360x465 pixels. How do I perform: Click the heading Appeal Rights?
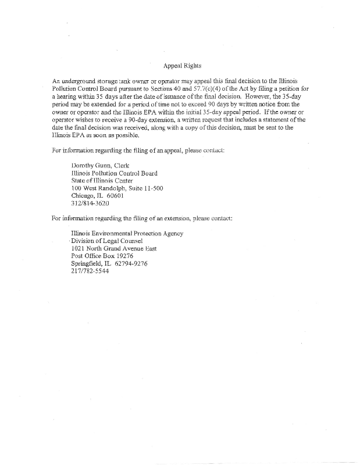click(182, 66)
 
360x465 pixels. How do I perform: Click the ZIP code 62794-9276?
click(131, 263)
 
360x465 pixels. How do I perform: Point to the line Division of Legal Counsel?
click(107, 241)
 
